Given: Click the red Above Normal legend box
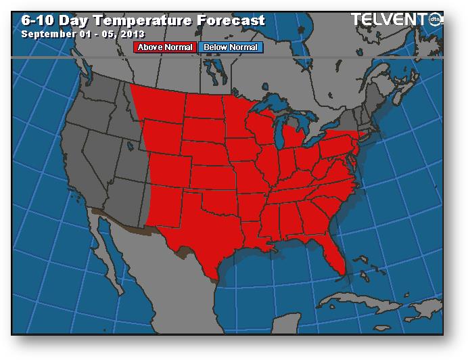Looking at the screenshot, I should point(166,47).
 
